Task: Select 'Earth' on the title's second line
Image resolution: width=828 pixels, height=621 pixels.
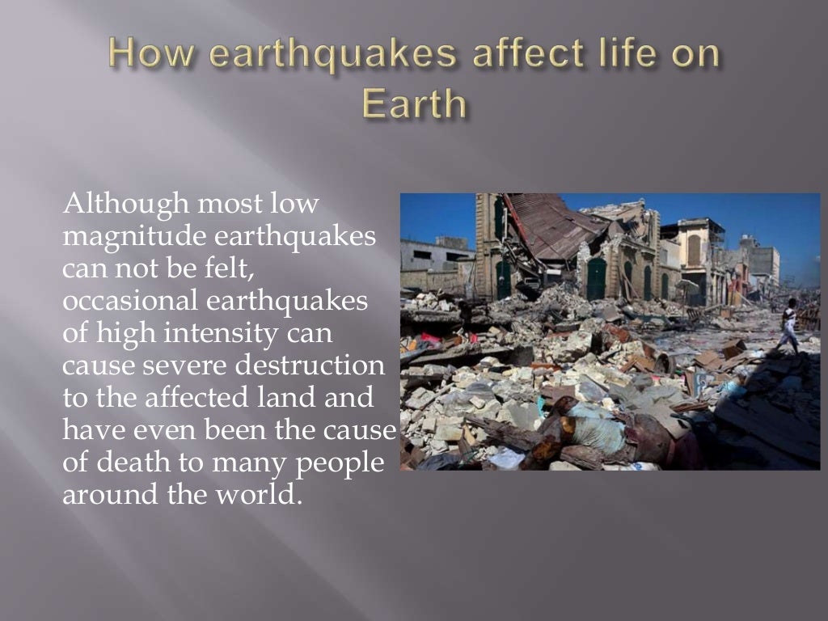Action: (x=414, y=105)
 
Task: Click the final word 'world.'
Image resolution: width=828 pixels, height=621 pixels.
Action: (x=256, y=494)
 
